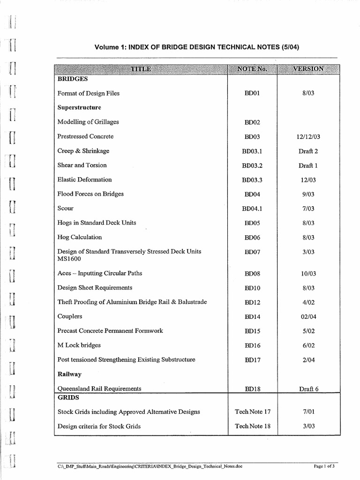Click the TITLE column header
click(141, 69)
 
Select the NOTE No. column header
click(252, 69)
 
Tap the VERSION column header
click(308, 69)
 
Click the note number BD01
click(252, 93)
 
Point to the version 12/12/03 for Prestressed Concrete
click(308, 137)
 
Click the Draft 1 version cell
click(308, 165)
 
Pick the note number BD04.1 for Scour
click(252, 209)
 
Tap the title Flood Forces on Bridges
click(90, 194)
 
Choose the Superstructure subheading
click(79, 107)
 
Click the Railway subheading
click(69, 374)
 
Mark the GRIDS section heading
click(68, 397)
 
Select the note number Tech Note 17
click(253, 412)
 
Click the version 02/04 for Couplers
click(308, 317)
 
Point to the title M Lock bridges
click(79, 345)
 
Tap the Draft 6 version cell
click(308, 389)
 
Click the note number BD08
click(252, 273)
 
